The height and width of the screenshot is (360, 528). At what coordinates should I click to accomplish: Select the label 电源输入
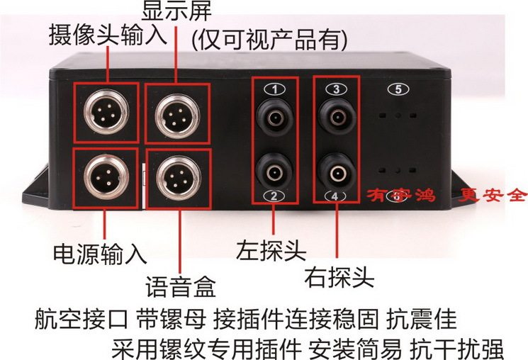click(x=100, y=253)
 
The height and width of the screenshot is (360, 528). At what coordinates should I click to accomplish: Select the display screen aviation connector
click(x=176, y=113)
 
